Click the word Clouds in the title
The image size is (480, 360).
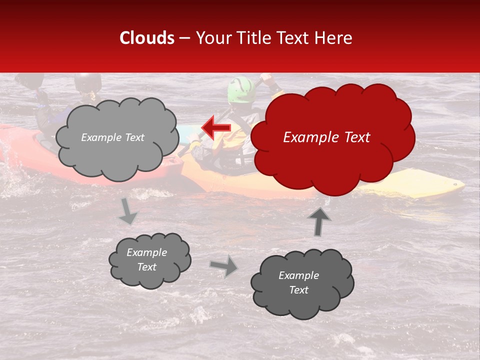click(x=147, y=38)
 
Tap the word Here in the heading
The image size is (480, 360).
click(x=333, y=38)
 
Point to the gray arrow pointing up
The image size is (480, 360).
click(x=319, y=221)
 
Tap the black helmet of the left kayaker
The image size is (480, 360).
click(x=88, y=81)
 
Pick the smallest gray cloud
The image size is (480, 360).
click(x=149, y=260)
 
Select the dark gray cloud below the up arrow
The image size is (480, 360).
click(x=301, y=283)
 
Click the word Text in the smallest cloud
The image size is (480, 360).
click(x=147, y=267)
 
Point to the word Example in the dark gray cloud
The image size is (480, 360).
click(x=298, y=275)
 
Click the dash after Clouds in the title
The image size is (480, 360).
click(x=184, y=38)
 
